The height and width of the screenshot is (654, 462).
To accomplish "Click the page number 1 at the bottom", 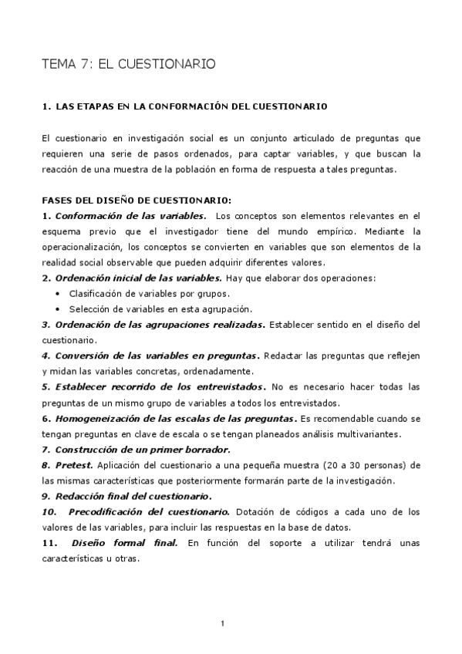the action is (222, 622).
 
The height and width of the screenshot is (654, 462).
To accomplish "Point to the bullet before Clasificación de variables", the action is (60, 294).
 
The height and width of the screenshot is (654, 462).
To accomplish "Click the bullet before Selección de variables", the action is (60, 308).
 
